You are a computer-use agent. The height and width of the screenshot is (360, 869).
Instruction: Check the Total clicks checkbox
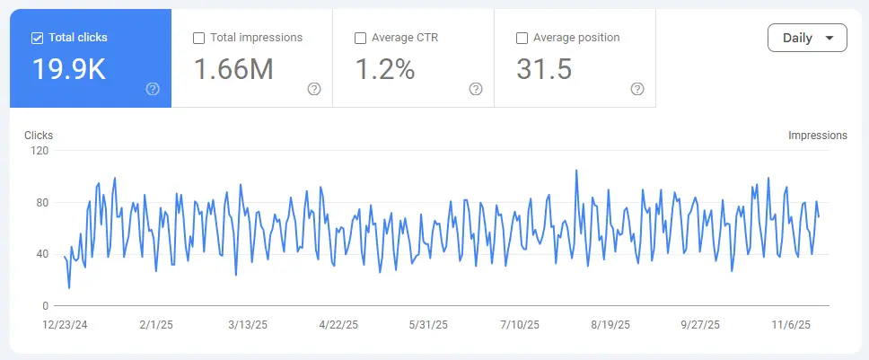(37, 39)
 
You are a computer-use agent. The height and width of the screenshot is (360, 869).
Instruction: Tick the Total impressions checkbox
(199, 39)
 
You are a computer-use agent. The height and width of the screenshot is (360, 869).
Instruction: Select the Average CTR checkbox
(361, 39)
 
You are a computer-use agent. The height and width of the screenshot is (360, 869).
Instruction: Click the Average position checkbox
(522, 39)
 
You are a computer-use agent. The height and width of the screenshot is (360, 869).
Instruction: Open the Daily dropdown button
(807, 39)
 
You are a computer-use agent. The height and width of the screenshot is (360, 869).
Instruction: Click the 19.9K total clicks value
(69, 69)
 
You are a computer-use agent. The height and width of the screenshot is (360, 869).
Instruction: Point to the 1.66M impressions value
(234, 69)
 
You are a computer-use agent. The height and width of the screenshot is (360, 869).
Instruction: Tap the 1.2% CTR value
(385, 69)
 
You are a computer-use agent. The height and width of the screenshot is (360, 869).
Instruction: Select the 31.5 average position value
(544, 69)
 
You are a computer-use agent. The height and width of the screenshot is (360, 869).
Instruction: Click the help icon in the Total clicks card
(153, 89)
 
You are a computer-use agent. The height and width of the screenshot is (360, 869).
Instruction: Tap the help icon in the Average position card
(637, 89)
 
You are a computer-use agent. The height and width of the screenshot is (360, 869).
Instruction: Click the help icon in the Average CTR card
(476, 89)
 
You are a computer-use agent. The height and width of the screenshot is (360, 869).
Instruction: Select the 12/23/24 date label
(65, 324)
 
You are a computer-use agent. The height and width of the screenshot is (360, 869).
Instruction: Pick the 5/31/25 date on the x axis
(428, 324)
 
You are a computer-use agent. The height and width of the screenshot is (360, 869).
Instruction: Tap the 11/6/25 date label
(792, 324)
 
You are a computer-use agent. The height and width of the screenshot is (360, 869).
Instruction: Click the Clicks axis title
(39, 136)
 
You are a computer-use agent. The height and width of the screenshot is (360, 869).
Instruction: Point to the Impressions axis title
(817, 136)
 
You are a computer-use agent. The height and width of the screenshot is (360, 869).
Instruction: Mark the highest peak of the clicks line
(575, 170)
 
